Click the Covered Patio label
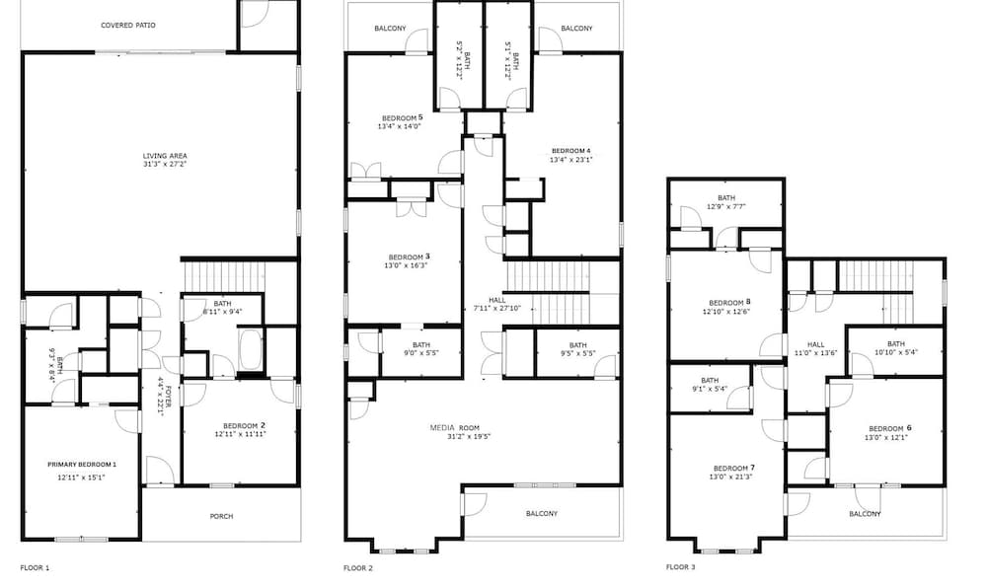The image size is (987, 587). point(127,26)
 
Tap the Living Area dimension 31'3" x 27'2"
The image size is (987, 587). point(165,164)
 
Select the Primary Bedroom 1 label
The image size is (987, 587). point(82,465)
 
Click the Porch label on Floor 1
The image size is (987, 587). point(221,517)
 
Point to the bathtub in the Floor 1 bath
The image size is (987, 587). point(251,350)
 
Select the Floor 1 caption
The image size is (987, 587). point(35,567)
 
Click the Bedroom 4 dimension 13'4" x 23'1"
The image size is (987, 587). point(570,160)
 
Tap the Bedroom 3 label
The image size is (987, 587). point(410,257)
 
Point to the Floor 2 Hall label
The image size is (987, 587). point(496,300)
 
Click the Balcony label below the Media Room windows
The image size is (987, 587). point(541,513)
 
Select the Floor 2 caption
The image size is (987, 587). point(358,568)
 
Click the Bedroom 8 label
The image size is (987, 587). point(729,303)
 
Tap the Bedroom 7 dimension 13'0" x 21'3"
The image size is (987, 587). point(730,477)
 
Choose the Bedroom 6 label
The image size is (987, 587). point(890,428)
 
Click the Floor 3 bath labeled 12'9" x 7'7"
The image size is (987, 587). point(726,197)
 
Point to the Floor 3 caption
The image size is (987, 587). point(680,567)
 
